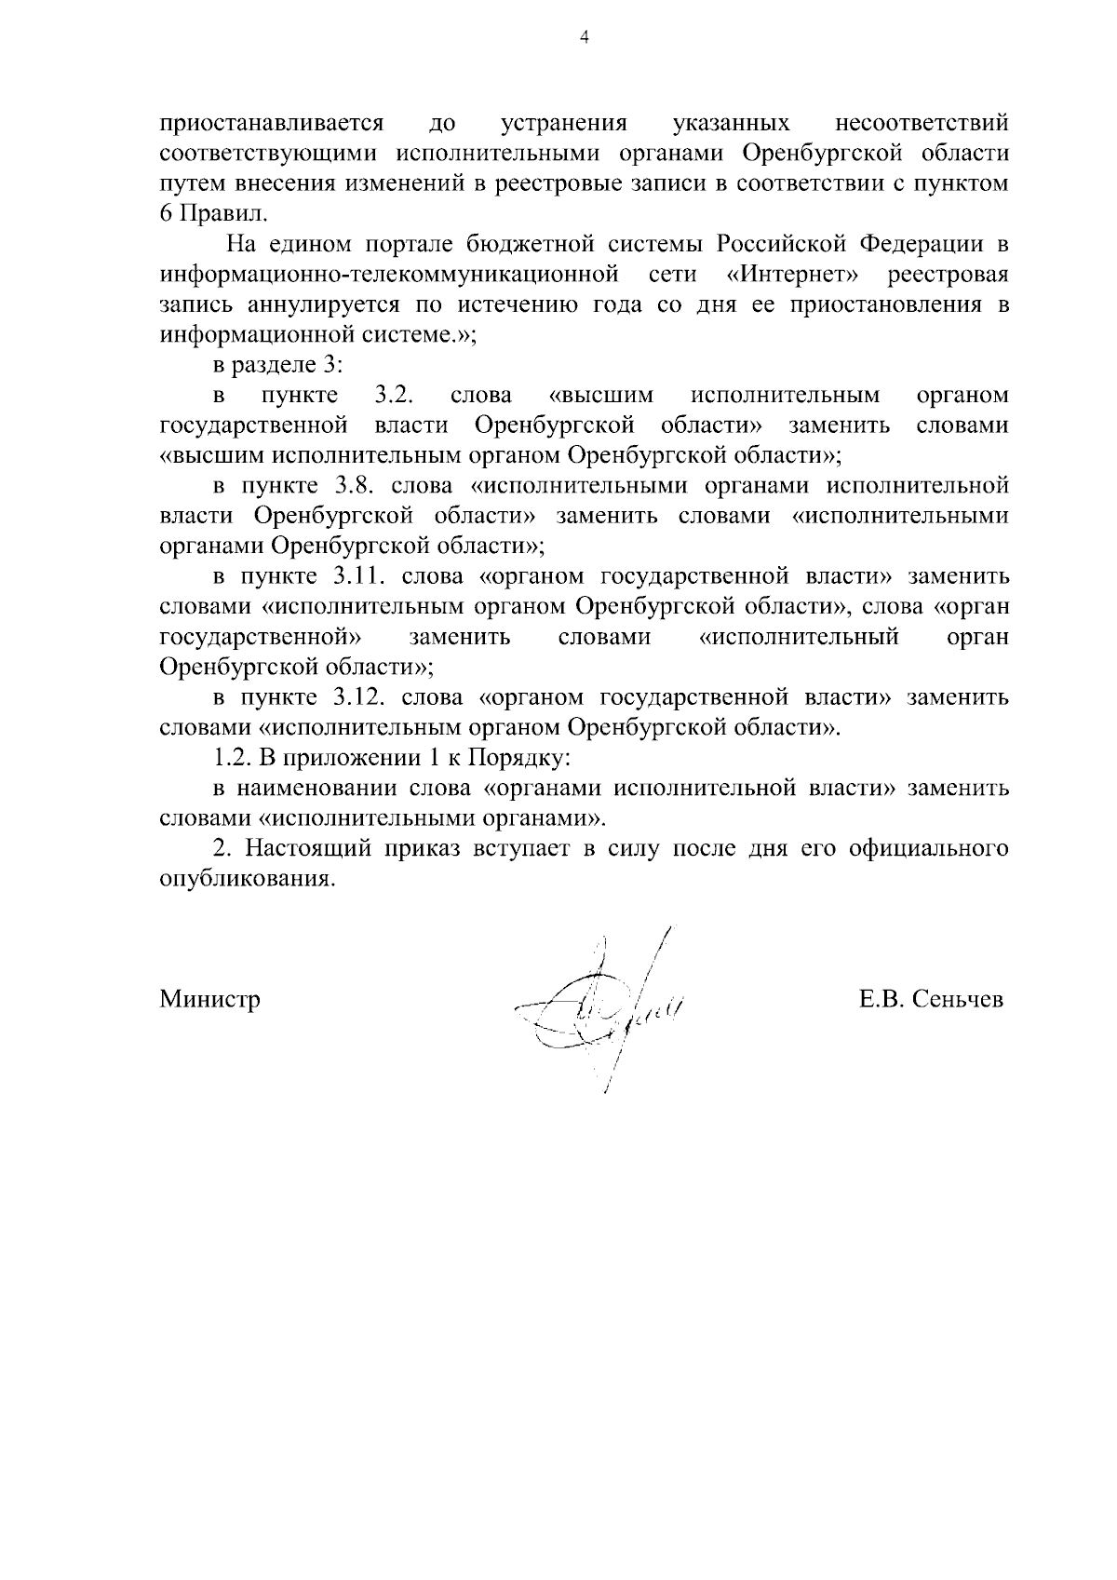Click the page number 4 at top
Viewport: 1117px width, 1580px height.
[584, 37]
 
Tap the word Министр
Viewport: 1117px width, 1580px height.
[209, 1000]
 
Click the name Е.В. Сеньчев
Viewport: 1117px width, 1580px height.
[931, 1000]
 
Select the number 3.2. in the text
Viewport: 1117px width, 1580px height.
[393, 396]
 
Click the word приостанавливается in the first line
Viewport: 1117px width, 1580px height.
[273, 124]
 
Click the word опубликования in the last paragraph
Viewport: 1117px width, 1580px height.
[246, 879]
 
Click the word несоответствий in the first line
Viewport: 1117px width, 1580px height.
[922, 124]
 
